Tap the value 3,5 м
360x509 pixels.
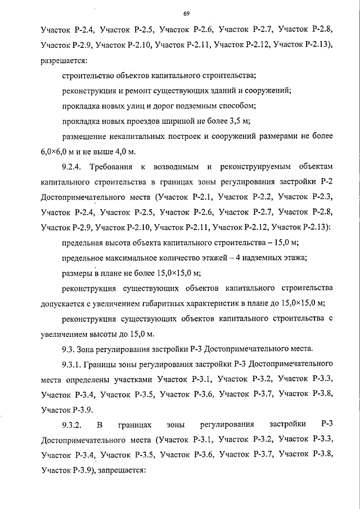pyautogui.click(x=238, y=120)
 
